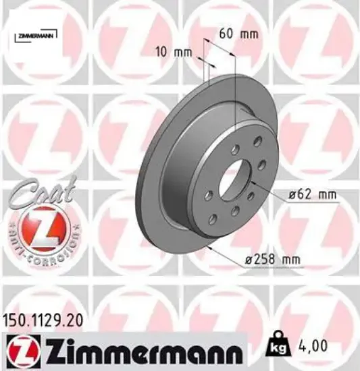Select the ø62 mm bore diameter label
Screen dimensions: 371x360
[311, 196]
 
